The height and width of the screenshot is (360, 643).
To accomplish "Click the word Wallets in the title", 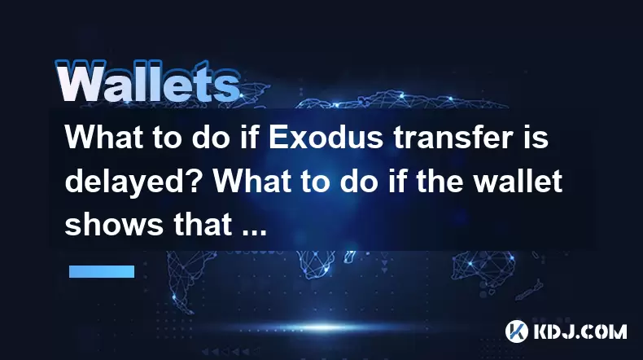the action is point(147,82).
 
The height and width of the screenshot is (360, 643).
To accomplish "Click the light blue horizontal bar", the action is point(102,271).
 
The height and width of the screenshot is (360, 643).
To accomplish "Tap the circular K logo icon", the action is point(516,331).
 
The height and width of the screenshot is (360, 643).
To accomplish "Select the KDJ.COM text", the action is point(580,331).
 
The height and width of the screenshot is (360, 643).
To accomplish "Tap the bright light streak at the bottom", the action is point(324,327).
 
